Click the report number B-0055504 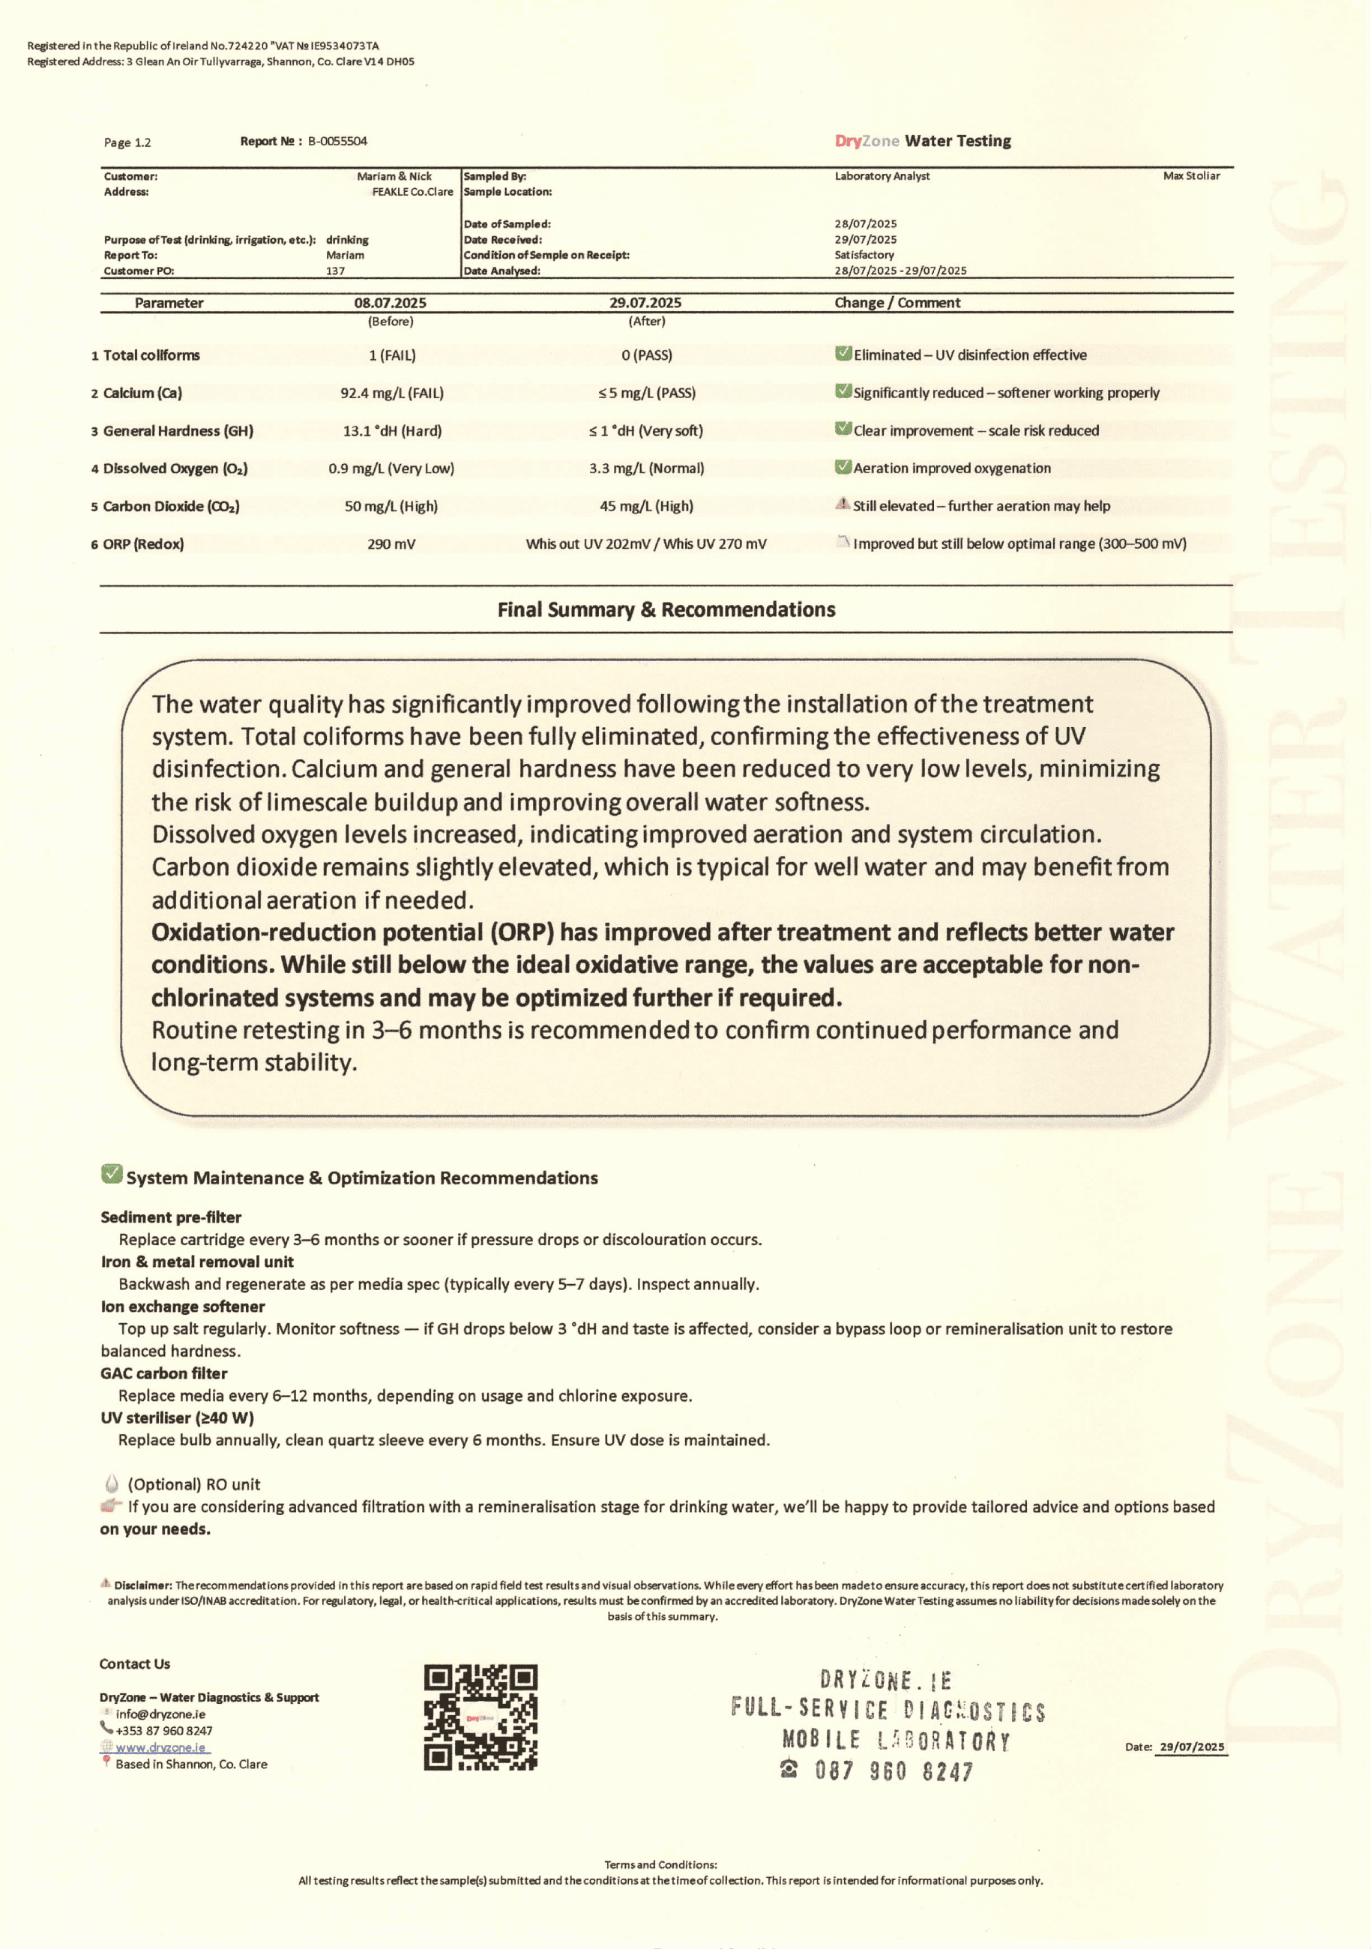click(337, 141)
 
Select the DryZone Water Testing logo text click(923, 141)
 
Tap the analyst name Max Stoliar click(1191, 175)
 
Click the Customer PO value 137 click(335, 271)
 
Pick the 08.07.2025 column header click(391, 303)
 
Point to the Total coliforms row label click(151, 355)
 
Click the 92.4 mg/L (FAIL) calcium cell click(392, 393)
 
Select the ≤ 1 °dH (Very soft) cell click(646, 430)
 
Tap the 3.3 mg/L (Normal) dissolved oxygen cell click(647, 468)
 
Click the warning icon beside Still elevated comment click(842, 504)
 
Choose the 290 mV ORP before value click(391, 543)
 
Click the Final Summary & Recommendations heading click(666, 609)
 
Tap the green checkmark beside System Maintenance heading click(111, 1174)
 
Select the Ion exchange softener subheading click(182, 1307)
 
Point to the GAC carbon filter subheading click(164, 1373)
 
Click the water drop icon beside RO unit click(111, 1483)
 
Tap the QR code click(480, 1718)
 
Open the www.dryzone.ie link click(160, 1747)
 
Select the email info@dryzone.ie click(160, 1714)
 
